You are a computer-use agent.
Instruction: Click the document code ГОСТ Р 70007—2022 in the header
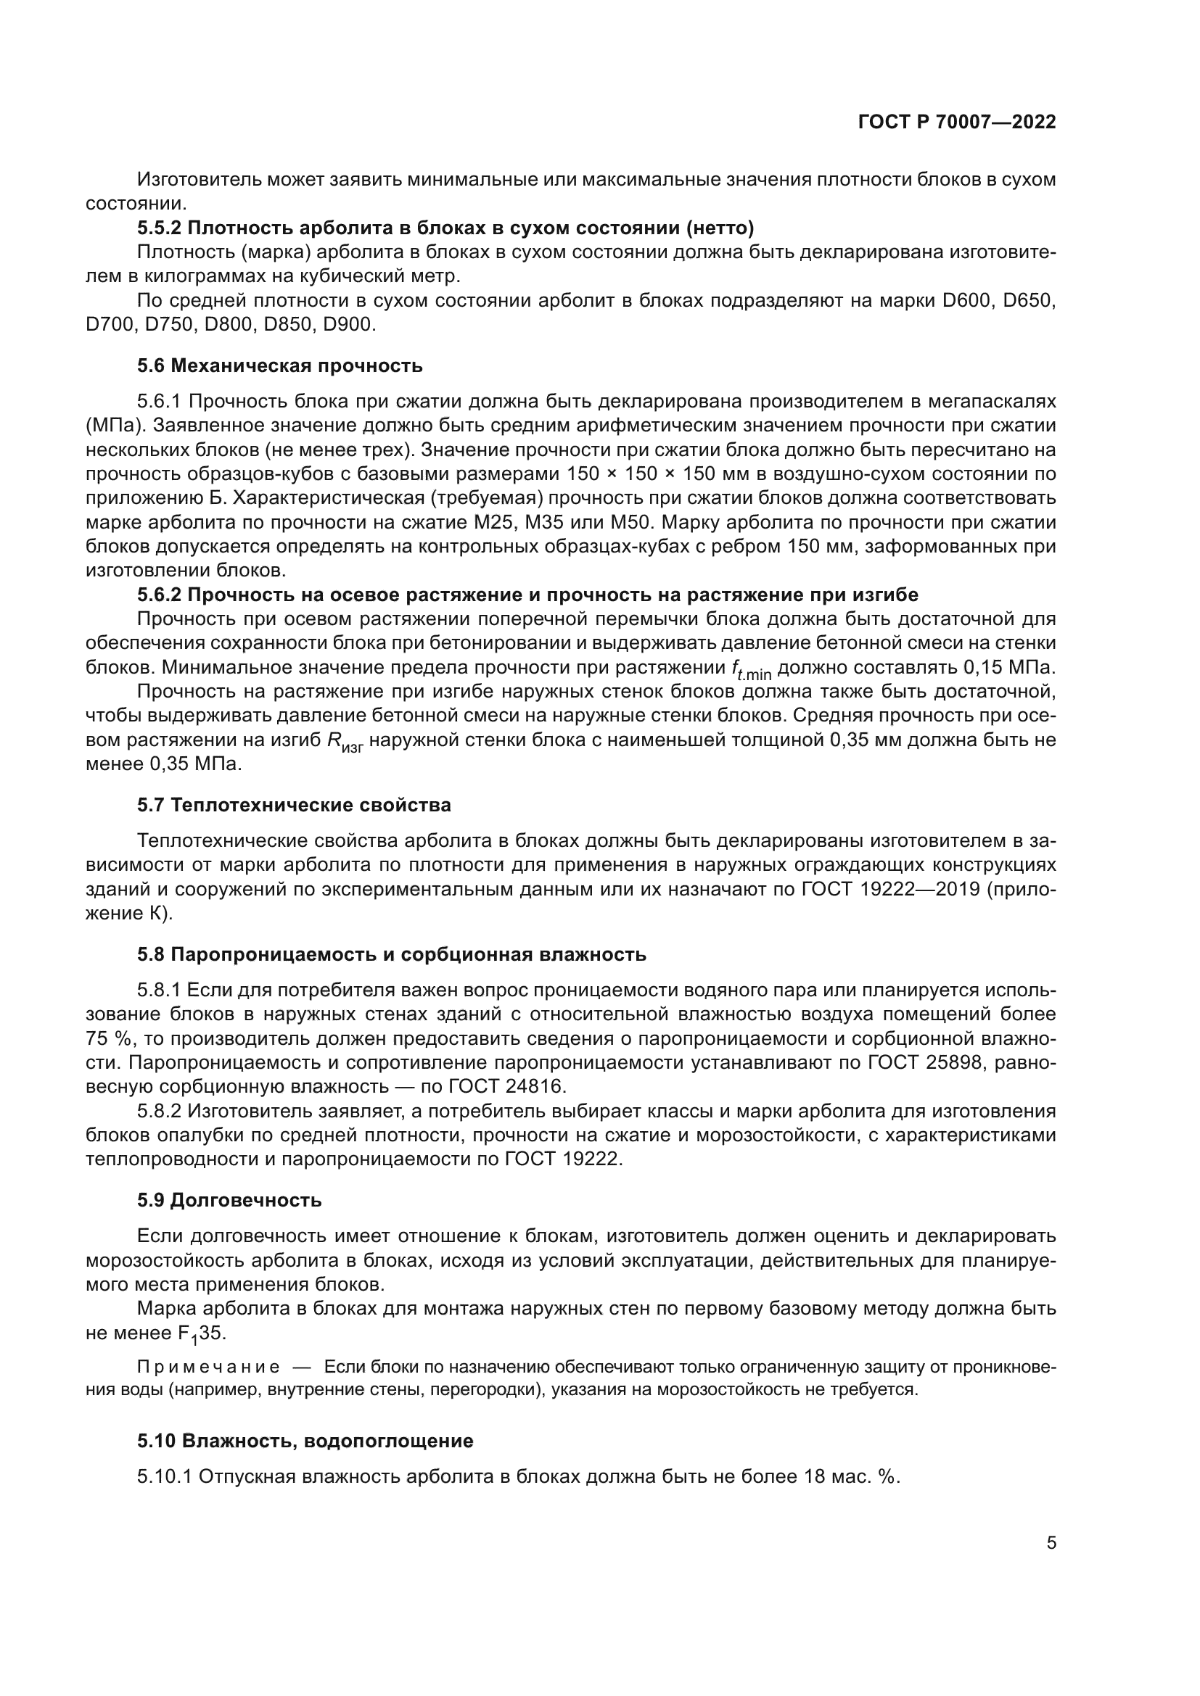point(957,123)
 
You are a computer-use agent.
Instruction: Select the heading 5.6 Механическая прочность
point(279,365)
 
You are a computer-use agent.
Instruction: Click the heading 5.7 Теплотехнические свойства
point(293,805)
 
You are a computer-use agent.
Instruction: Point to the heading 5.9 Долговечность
point(229,1199)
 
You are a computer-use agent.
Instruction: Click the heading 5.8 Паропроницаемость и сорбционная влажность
point(391,954)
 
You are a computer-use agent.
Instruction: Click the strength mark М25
point(490,522)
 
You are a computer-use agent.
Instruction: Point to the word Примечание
point(208,1368)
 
